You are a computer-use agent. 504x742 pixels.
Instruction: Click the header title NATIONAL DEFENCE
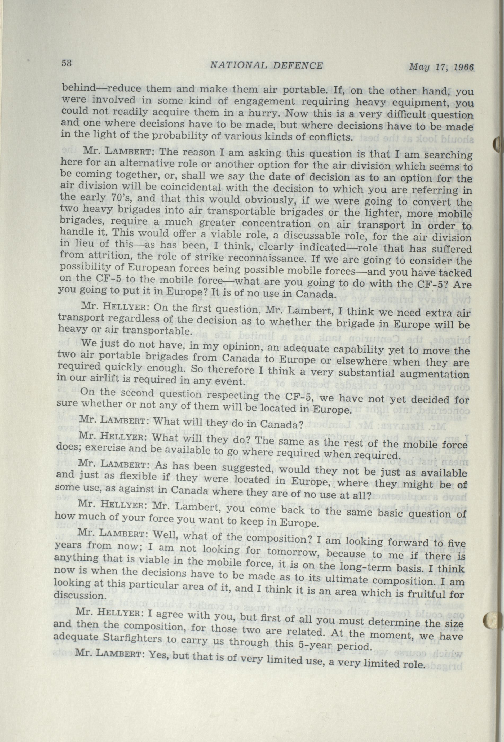(266, 65)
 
